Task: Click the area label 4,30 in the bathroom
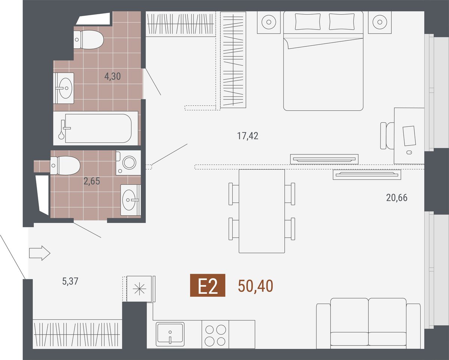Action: click(113, 77)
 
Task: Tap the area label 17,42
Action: click(248, 136)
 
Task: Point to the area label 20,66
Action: click(397, 198)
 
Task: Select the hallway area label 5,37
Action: click(70, 281)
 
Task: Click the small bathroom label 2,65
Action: click(92, 181)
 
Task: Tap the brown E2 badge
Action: click(208, 285)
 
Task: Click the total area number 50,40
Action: click(256, 286)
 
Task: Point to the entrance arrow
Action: click(40, 253)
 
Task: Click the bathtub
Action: click(95, 128)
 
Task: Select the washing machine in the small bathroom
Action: click(128, 163)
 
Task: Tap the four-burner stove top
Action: click(215, 334)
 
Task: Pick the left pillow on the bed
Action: click(308, 22)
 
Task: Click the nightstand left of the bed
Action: click(269, 22)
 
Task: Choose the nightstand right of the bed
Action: click(380, 22)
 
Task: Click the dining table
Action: click(262, 211)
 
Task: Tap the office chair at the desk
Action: click(387, 136)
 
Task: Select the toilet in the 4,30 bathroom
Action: click(89, 40)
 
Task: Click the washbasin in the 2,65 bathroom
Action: click(131, 200)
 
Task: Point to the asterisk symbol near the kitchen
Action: click(139, 289)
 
